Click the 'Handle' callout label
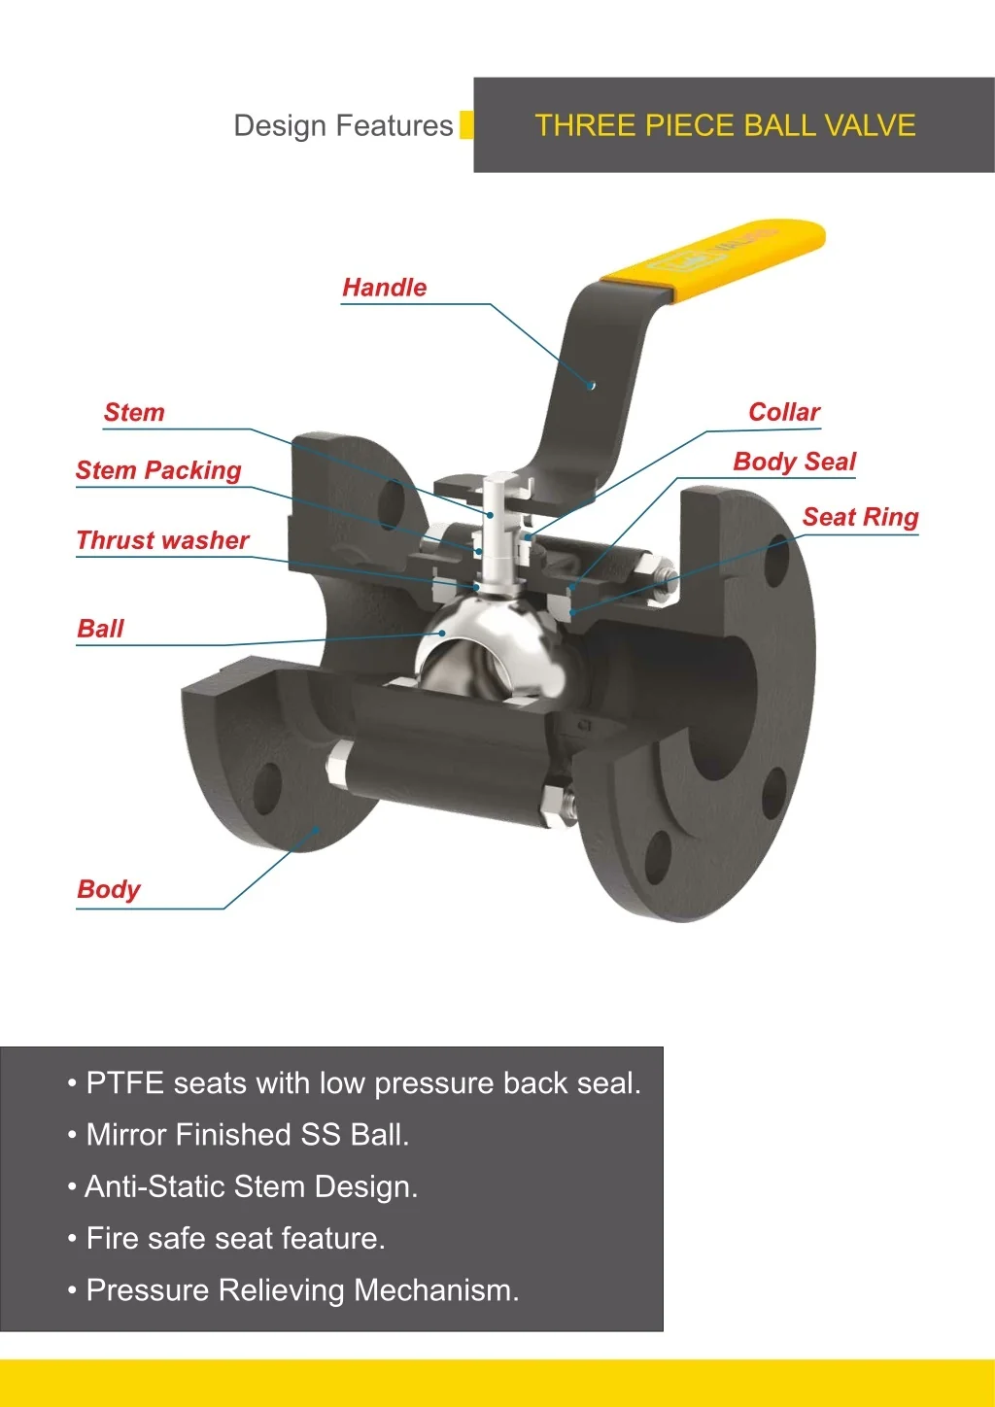tap(385, 288)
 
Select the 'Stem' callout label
tap(134, 413)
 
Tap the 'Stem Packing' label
tap(158, 470)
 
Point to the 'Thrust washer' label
tap(163, 540)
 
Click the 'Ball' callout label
tap(101, 629)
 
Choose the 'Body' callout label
tap(109, 889)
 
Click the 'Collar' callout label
tap(784, 412)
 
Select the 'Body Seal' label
tap(795, 462)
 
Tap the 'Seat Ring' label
tap(860, 517)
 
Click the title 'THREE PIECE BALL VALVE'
tap(725, 125)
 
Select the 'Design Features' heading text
tap(343, 125)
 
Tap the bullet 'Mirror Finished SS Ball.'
tap(247, 1135)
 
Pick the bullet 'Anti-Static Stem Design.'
tap(251, 1186)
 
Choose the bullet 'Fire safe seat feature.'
tap(235, 1239)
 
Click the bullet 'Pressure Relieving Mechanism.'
tap(302, 1290)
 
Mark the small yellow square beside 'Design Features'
tap(466, 125)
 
